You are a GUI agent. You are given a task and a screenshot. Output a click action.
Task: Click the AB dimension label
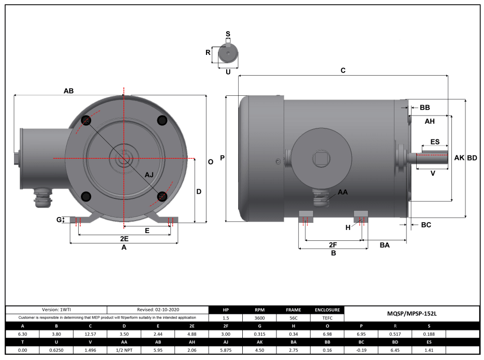[68, 91]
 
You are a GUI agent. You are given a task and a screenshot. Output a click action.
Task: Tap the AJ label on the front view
[149, 175]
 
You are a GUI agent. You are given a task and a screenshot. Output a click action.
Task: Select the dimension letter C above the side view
[343, 70]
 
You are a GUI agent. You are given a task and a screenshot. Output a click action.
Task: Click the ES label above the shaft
[435, 142]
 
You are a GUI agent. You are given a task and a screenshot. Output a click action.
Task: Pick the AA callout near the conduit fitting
[343, 192]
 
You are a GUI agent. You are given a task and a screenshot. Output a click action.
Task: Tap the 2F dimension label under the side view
[333, 244]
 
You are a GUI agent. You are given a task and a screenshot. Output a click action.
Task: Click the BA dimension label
[385, 244]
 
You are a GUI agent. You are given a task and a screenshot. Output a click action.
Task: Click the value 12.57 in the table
[90, 335]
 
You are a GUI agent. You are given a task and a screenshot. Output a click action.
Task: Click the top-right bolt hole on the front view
[163, 120]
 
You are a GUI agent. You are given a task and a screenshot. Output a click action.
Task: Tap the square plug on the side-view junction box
[321, 157]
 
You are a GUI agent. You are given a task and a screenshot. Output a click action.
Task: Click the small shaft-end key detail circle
[228, 53]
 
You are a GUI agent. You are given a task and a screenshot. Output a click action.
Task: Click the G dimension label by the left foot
[59, 220]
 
